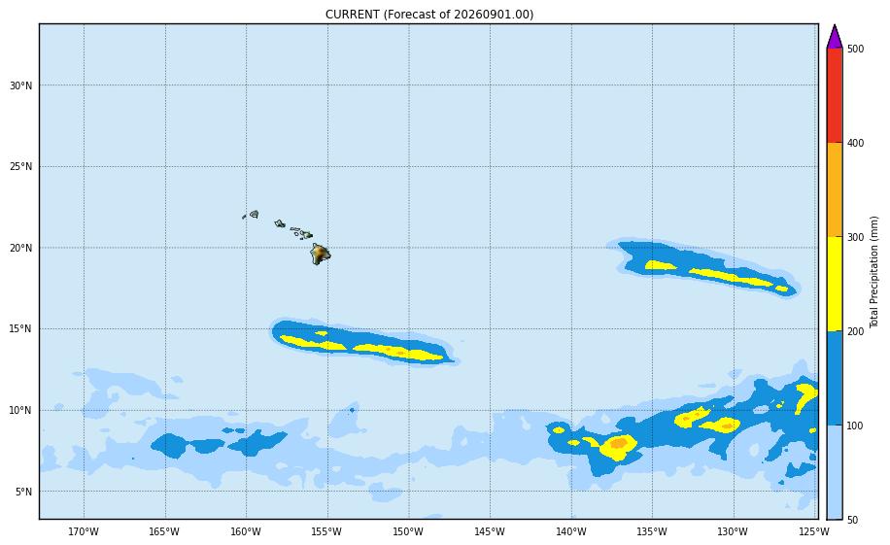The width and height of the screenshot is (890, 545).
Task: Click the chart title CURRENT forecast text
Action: point(429,15)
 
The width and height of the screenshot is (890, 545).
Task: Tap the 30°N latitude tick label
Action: point(21,85)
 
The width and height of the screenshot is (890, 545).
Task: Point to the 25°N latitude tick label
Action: point(21,167)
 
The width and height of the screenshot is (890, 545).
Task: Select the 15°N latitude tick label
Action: point(21,329)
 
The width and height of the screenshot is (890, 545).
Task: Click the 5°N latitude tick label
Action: point(23,492)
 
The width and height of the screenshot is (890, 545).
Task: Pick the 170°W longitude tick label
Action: point(84,532)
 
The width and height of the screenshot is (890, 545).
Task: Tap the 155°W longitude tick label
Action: point(326,532)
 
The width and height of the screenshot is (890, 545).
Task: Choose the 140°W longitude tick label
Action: point(571,532)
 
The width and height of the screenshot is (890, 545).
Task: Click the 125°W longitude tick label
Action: point(814,532)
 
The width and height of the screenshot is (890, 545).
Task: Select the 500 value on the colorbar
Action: point(855,49)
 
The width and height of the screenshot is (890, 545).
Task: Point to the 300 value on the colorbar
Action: point(855,237)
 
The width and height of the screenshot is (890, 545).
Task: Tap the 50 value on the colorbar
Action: point(852,520)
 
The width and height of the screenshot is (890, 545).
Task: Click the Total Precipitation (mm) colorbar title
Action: point(874,272)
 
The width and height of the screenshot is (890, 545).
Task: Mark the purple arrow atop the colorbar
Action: point(835,38)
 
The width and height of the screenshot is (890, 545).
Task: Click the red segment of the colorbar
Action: point(835,95)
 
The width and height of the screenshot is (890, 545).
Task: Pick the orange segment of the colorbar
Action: point(835,189)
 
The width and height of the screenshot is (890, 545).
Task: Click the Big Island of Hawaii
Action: point(320,254)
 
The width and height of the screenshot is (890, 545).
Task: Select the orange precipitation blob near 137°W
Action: point(618,442)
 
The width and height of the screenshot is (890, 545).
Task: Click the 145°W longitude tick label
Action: point(490,532)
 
